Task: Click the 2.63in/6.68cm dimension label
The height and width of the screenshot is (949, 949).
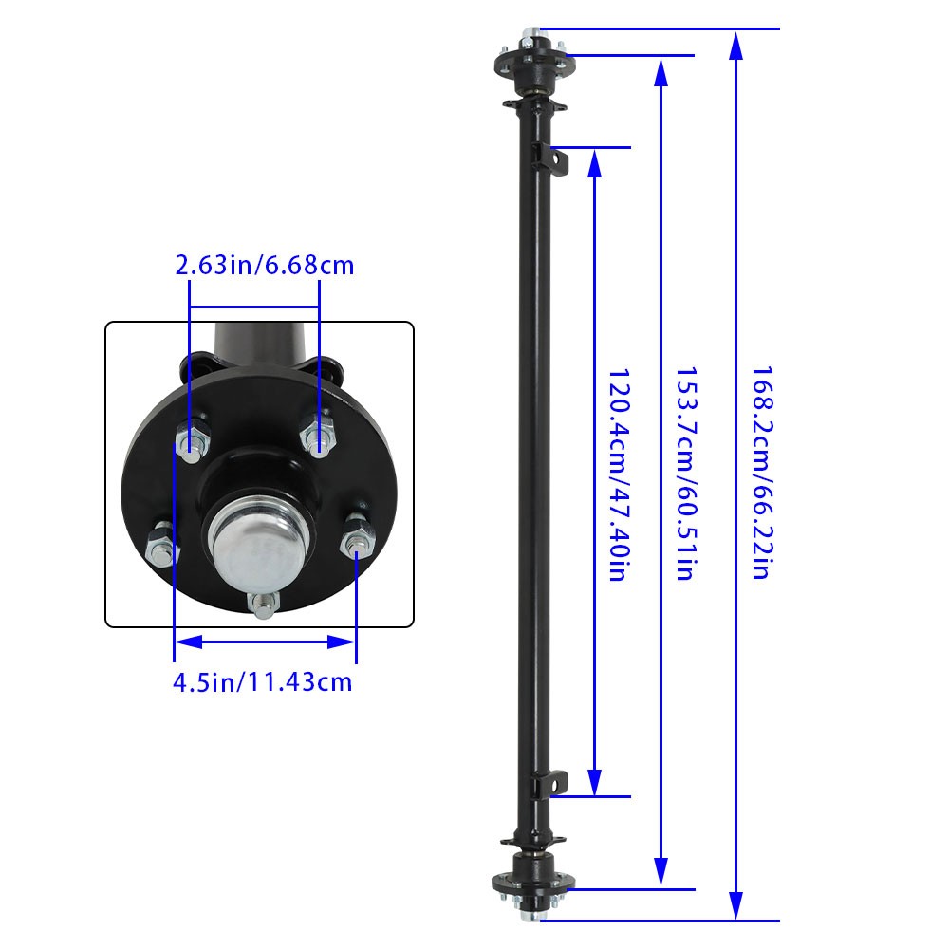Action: point(265,265)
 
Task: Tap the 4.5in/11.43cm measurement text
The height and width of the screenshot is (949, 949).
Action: point(263,681)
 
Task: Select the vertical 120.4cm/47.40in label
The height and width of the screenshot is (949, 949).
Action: point(616,474)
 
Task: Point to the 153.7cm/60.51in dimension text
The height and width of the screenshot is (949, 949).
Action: point(685,474)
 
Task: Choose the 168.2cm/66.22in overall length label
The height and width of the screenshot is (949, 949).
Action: point(761,474)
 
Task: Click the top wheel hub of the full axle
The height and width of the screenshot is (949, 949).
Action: point(530,56)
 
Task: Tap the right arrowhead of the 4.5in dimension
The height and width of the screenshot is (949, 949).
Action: point(344,642)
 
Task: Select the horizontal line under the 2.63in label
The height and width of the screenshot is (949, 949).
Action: point(253,307)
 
